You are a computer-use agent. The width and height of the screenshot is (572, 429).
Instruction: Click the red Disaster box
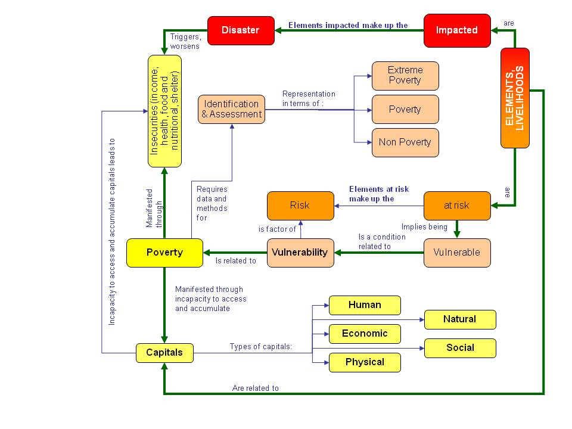[x=241, y=30]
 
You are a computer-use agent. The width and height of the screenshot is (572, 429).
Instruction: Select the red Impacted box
[x=457, y=30]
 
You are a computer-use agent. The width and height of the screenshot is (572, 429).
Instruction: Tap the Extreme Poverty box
[x=405, y=76]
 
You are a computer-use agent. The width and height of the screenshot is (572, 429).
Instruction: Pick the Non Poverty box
[x=405, y=142]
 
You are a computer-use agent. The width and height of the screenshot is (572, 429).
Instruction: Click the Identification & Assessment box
[x=232, y=109]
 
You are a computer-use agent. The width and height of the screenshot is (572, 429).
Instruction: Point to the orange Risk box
[x=300, y=206]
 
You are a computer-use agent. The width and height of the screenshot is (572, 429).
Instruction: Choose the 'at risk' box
[x=457, y=206]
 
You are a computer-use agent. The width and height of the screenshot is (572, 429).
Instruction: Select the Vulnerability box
[x=300, y=253]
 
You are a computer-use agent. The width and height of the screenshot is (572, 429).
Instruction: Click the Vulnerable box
[x=457, y=253]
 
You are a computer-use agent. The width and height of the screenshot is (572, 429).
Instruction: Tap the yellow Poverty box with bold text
[x=164, y=253]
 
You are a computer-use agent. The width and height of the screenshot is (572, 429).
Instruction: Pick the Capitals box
[x=164, y=353]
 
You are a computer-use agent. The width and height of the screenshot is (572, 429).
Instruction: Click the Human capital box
[x=365, y=305]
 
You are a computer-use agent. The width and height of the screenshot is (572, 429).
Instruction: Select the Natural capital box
[x=459, y=319]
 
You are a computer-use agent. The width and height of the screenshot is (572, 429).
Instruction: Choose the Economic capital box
[x=365, y=334]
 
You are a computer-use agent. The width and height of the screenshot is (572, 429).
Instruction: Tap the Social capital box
[x=459, y=348]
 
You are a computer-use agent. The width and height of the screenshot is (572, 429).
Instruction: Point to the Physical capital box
[x=365, y=362]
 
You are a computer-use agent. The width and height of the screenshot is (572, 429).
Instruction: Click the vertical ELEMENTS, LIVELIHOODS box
[x=515, y=98]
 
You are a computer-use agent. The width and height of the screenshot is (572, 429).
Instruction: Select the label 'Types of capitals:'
[x=261, y=347]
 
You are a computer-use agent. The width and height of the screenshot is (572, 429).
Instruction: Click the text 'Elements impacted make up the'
[x=348, y=26]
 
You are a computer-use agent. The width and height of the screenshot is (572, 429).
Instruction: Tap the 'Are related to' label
[x=256, y=388]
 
